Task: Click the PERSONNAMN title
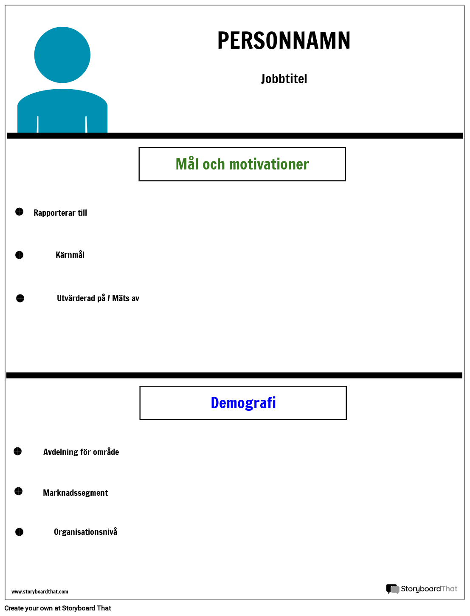[284, 41]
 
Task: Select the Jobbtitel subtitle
[284, 79]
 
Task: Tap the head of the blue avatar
[62, 55]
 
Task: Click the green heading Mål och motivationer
[242, 164]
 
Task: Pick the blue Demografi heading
[243, 403]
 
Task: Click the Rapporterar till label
[60, 213]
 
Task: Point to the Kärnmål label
[70, 255]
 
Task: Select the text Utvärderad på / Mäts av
[98, 298]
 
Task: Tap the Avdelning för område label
[81, 452]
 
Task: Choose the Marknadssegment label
[76, 493]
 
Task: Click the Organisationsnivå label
[85, 532]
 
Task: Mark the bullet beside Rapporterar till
[20, 212]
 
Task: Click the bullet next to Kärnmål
[20, 255]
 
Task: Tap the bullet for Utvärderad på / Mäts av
[20, 298]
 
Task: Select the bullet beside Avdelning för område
[17, 451]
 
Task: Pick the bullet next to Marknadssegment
[18, 491]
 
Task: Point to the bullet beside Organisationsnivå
[20, 532]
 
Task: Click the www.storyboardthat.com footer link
[39, 592]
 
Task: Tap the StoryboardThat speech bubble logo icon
[392, 589]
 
